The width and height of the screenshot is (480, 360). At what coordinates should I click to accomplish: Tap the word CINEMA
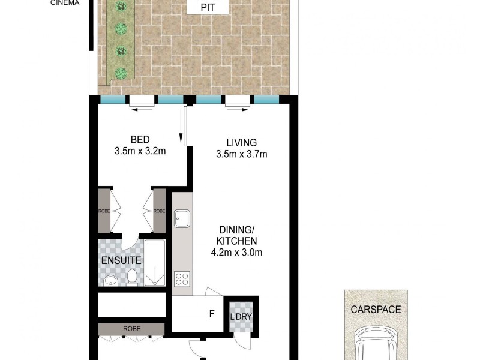[x=65, y=2]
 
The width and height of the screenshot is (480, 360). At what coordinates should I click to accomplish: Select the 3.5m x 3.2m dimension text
[x=140, y=151]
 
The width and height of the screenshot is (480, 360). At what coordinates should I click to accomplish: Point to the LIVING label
[x=241, y=143]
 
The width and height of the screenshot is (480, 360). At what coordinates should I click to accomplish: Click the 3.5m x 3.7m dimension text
[x=241, y=154]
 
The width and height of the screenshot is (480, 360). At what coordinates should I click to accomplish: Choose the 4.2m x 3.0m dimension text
[x=237, y=252]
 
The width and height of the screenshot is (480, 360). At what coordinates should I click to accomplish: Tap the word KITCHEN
[x=238, y=241]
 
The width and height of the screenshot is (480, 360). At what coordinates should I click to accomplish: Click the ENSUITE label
[x=121, y=261]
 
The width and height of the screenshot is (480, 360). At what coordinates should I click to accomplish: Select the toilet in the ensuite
[x=132, y=276]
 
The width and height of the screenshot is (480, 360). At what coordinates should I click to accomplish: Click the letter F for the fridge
[x=211, y=313]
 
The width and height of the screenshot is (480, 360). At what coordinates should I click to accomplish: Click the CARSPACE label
[x=376, y=310]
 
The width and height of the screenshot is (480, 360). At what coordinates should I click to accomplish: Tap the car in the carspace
[x=376, y=344]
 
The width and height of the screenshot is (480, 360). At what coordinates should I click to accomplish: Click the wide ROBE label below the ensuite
[x=131, y=329]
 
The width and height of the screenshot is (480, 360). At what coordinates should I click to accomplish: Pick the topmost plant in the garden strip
[x=122, y=7]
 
